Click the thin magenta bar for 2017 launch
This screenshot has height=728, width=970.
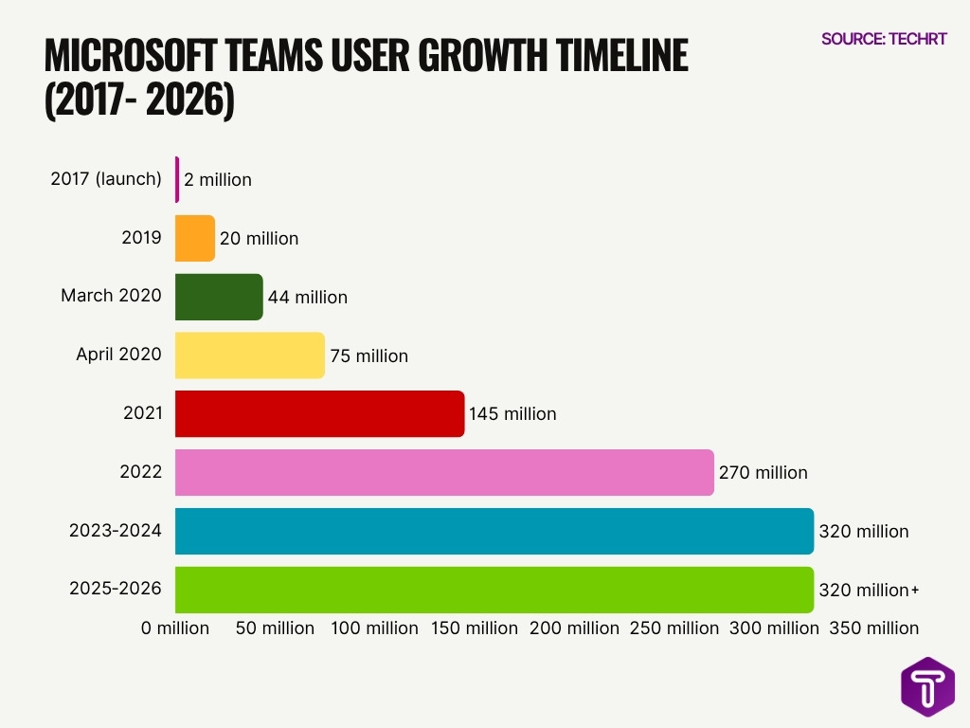(x=177, y=179)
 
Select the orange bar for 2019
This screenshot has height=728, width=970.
(x=195, y=238)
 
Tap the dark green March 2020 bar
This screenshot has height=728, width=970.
(x=219, y=297)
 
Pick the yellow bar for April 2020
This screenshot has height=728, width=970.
(x=250, y=355)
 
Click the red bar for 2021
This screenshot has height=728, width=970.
(x=320, y=414)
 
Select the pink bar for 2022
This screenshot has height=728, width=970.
(x=444, y=472)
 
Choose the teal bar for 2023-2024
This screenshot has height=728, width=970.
(x=494, y=531)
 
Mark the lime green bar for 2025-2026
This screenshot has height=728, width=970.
(x=494, y=590)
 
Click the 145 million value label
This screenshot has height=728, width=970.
(x=512, y=414)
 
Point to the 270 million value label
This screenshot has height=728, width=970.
(x=763, y=472)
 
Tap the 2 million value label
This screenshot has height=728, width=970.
(x=218, y=179)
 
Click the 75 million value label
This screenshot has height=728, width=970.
(x=369, y=356)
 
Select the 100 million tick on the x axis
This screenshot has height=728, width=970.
(x=375, y=628)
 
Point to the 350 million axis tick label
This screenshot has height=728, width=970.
(x=874, y=628)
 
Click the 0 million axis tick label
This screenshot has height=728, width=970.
(x=175, y=628)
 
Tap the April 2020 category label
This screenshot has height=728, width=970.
(x=118, y=355)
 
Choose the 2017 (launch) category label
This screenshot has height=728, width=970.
(x=106, y=178)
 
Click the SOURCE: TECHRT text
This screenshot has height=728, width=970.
(x=884, y=39)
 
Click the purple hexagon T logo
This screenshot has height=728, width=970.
(x=927, y=686)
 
